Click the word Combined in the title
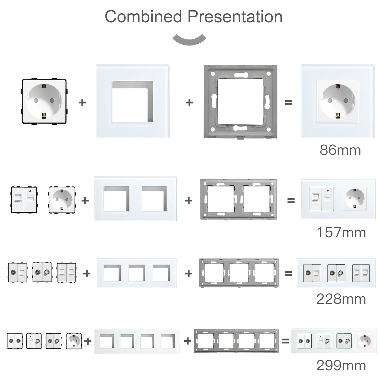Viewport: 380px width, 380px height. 143,17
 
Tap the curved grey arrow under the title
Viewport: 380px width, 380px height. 189,39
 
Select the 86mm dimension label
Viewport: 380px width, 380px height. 340,150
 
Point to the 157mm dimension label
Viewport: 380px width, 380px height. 341,232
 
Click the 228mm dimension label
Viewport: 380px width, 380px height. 341,299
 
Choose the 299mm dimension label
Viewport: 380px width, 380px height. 341,366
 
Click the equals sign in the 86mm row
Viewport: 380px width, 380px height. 288,103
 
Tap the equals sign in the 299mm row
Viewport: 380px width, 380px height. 285,341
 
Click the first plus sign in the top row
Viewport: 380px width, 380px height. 82,103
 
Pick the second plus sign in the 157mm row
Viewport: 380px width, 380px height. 189,201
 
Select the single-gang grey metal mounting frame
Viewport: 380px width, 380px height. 240,102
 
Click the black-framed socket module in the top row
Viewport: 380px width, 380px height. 44,101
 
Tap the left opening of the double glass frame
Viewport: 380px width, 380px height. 117,199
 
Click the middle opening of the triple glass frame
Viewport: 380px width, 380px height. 137,273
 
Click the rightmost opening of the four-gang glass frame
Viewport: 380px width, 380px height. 168,341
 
